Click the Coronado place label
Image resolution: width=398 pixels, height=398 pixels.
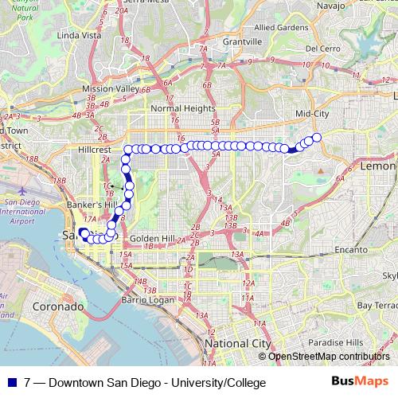point(57,306)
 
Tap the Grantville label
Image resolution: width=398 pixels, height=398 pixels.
point(242,41)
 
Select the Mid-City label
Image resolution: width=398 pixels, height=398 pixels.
point(312,114)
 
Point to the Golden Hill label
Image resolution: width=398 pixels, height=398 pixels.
point(150,238)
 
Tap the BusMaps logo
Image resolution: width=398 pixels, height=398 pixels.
point(361,382)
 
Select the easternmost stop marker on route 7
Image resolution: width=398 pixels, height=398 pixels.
point(316,138)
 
